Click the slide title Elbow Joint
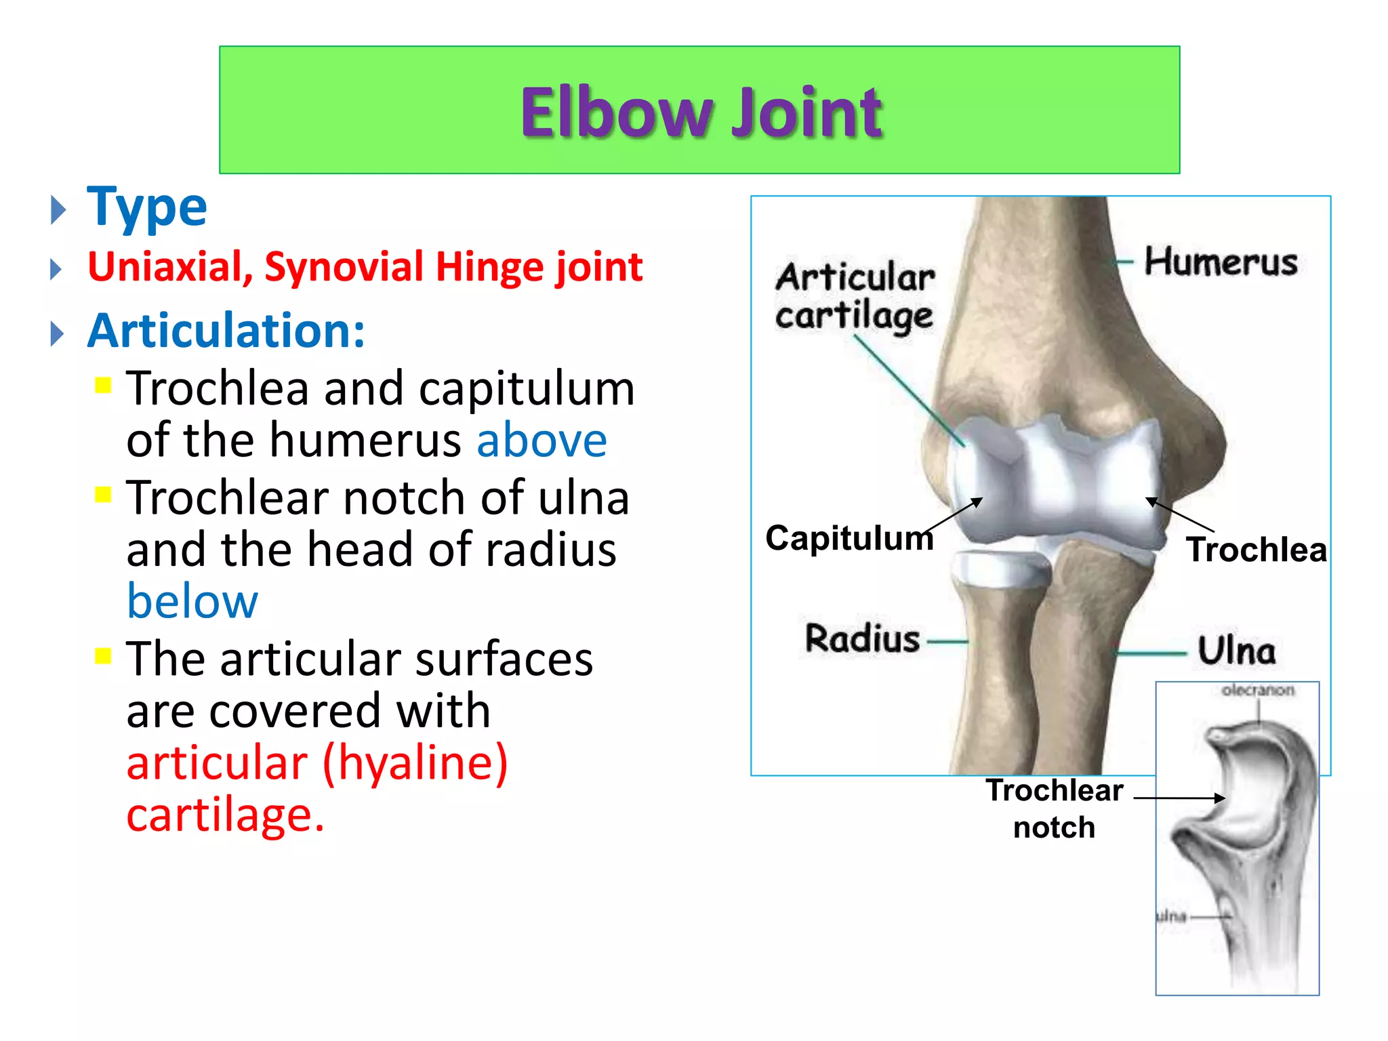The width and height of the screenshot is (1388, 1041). (701, 113)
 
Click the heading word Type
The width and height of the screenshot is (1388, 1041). (147, 207)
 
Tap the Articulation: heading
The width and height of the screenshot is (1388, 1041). (226, 331)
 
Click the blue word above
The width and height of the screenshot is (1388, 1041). (542, 441)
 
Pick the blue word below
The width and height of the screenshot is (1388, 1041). (192, 601)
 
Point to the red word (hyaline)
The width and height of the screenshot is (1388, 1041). (415, 763)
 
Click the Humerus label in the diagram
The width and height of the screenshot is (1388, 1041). (1221, 262)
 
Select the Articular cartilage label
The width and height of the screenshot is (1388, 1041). (855, 296)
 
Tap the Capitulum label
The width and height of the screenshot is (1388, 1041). (849, 538)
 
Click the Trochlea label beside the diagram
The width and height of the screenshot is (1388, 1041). (1256, 550)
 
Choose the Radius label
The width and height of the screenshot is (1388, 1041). (862, 639)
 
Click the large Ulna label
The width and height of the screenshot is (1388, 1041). (1236, 651)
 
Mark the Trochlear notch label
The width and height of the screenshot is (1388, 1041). (1054, 809)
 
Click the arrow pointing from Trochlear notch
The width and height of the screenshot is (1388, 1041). (1179, 798)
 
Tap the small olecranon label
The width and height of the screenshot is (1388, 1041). (1257, 691)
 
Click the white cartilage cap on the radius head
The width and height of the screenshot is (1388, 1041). (1000, 568)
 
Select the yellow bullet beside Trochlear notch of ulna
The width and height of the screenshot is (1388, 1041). (103, 495)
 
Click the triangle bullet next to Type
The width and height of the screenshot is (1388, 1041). (59, 211)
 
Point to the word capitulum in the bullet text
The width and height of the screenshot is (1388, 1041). (527, 389)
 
